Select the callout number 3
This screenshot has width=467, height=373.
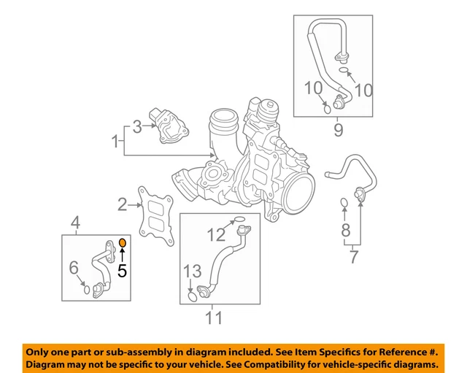(x=136, y=128)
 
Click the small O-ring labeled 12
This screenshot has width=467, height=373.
(x=238, y=218)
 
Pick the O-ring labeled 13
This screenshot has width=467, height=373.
(x=192, y=296)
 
